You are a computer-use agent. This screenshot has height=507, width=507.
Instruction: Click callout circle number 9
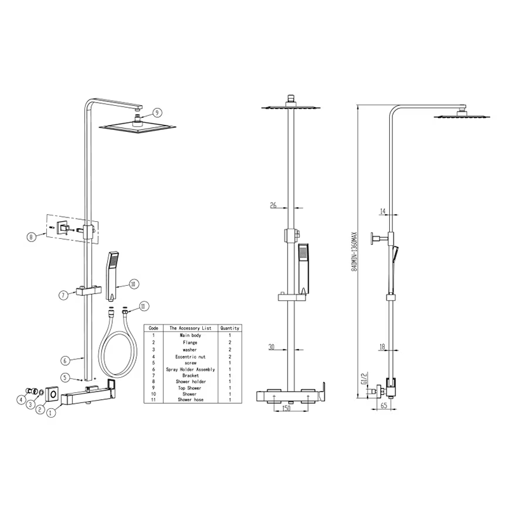pyautogui.click(x=157, y=113)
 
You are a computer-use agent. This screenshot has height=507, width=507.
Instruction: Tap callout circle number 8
pyautogui.click(x=31, y=237)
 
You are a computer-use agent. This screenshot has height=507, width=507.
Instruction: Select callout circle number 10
pyautogui.click(x=134, y=284)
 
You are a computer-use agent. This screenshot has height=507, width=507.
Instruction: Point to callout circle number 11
pyautogui.click(x=144, y=306)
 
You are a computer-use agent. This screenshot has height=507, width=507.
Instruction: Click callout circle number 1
pyautogui.click(x=51, y=413)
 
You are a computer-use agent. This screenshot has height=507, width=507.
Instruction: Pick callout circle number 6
pyautogui.click(x=65, y=360)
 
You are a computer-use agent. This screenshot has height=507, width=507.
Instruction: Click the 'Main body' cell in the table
pyautogui.click(x=191, y=335)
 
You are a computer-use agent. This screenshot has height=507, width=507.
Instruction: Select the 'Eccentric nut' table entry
pyautogui.click(x=191, y=357)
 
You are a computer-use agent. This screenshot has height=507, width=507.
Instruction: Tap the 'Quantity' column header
pyautogui.click(x=230, y=328)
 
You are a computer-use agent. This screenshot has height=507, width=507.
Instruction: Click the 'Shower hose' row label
pyautogui.click(x=191, y=400)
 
